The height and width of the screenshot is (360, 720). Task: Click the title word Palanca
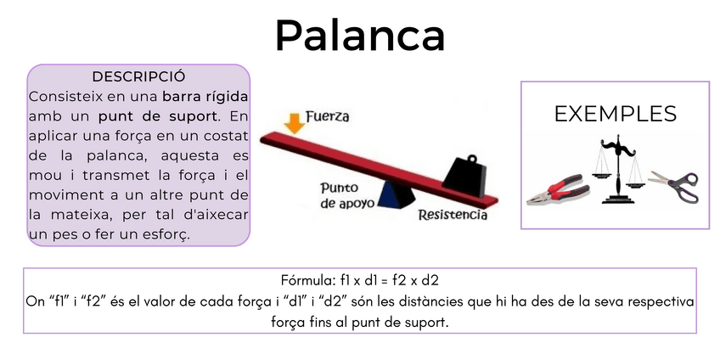360,35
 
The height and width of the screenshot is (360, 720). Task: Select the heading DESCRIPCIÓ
138,76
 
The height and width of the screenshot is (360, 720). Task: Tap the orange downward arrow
294,121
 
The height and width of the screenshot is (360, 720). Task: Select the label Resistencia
453,215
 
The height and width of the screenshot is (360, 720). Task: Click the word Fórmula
307,279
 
